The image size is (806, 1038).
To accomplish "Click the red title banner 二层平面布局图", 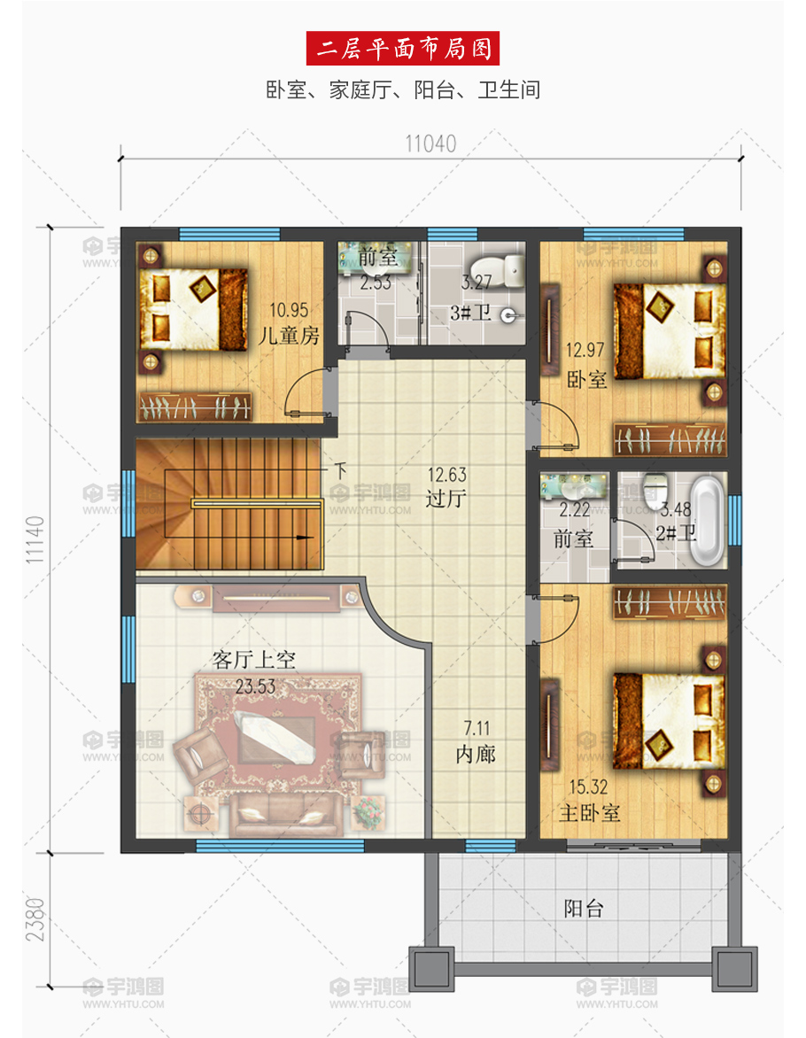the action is [403, 49].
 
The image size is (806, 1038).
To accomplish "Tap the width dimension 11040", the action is [430, 143].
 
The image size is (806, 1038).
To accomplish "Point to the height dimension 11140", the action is [35, 539].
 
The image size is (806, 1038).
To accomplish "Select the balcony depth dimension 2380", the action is [35, 919].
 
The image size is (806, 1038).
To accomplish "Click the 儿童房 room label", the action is [289, 336].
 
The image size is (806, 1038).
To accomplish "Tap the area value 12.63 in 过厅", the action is [447, 475].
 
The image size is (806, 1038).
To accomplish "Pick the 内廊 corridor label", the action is [476, 754].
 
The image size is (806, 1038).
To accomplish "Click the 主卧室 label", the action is [589, 813].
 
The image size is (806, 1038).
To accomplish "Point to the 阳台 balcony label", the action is [584, 909].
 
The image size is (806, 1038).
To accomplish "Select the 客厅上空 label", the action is [253, 659].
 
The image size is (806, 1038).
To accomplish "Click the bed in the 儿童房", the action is [193, 308].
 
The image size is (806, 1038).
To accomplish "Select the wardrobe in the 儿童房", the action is [195, 407].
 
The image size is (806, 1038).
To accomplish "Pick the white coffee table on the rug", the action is [275, 735].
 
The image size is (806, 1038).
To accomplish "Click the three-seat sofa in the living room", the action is [286, 815].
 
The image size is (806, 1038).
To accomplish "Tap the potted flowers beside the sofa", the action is [368, 811].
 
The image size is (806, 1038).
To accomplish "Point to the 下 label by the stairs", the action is [340, 470].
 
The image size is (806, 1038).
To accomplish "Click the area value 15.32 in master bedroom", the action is [588, 787].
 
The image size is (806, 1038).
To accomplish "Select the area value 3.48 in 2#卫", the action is [676, 509].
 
